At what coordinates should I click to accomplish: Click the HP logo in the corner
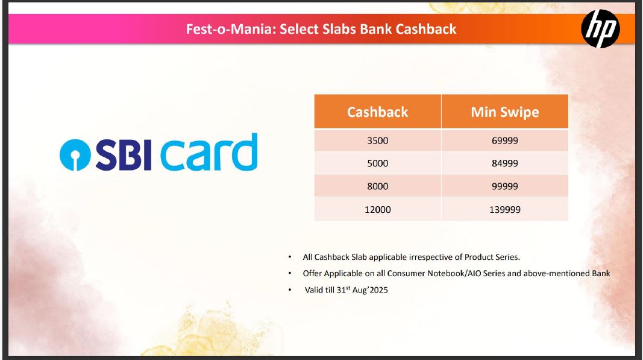point(600,29)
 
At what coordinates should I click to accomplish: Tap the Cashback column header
point(378,112)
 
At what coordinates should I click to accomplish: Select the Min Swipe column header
point(505,112)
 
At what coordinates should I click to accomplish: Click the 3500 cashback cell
point(378,141)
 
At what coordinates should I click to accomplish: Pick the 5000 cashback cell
point(378,163)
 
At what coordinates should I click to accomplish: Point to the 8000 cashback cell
point(378,186)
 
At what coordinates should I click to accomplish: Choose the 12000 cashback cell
point(378,210)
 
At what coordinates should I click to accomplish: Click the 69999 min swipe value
point(505,141)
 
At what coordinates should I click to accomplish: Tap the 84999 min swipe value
point(505,163)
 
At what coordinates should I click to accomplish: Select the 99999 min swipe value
point(505,186)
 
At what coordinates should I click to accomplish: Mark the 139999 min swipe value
point(505,210)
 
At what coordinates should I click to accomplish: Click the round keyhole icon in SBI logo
point(75,155)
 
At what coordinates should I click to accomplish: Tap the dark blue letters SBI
point(124,155)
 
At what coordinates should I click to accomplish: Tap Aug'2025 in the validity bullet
point(370,290)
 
